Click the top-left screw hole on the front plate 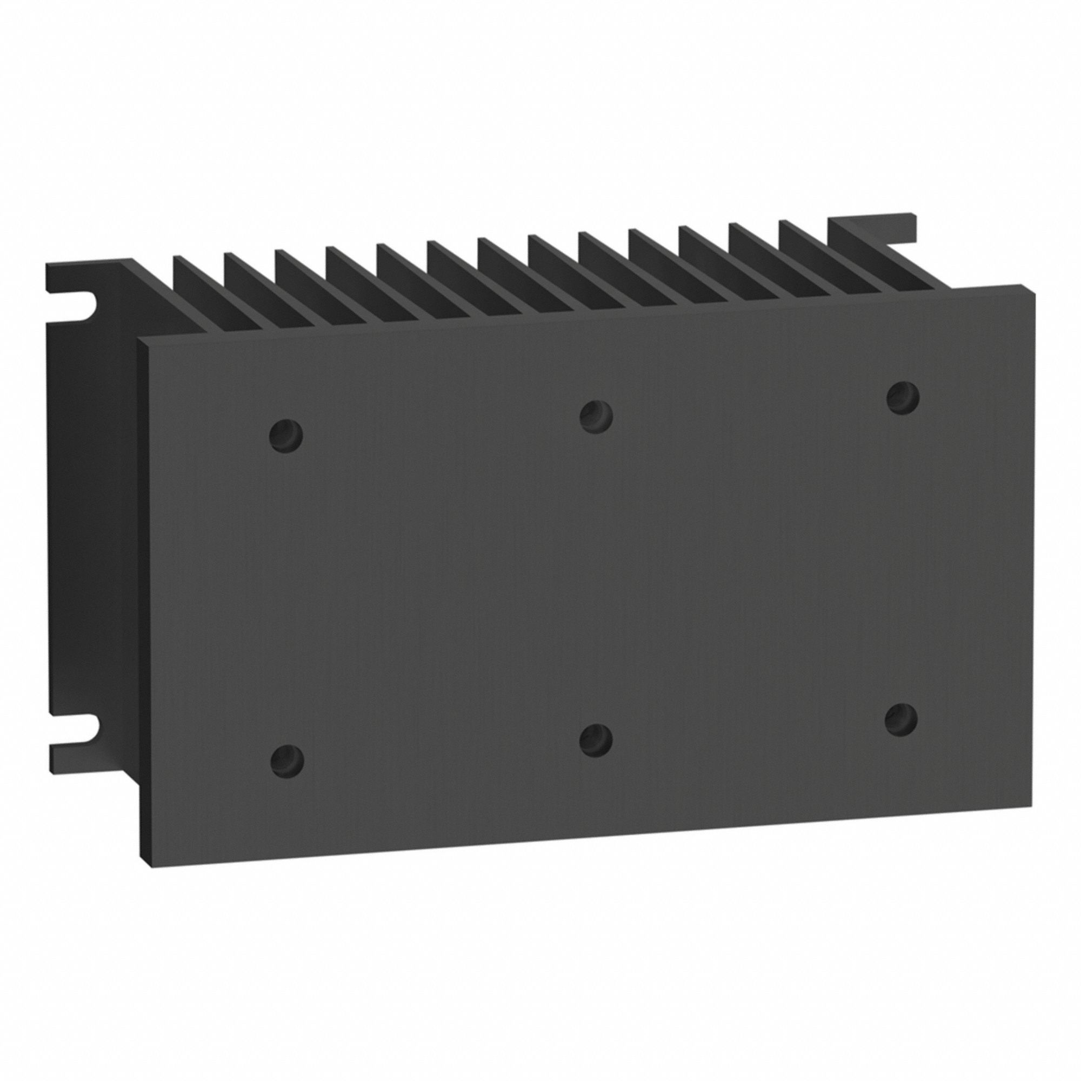click(x=286, y=433)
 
